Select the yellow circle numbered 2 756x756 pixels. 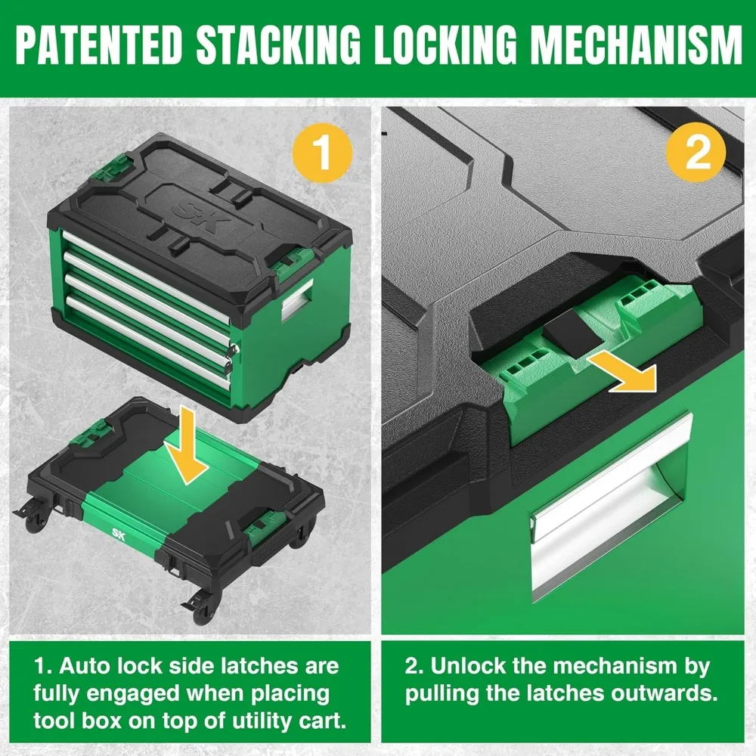coord(697,153)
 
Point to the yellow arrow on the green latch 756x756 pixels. coord(623,371)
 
